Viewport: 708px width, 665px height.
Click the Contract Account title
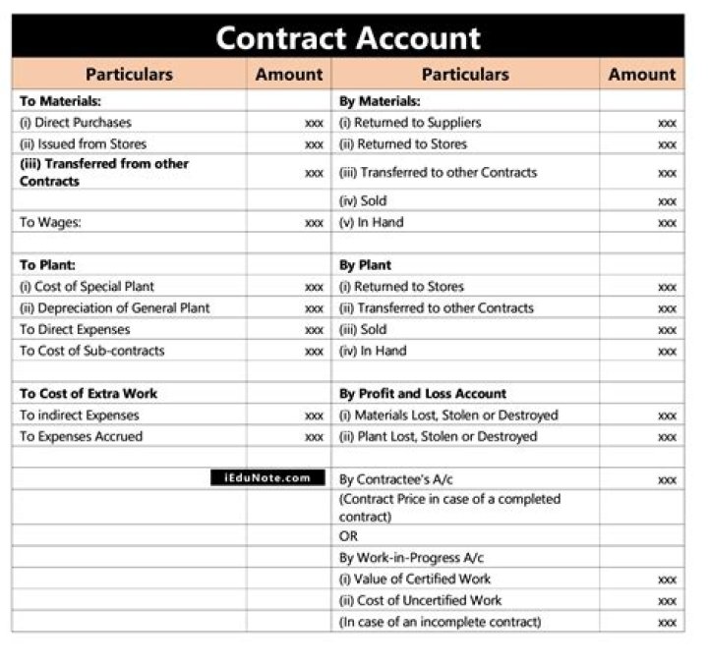(x=348, y=38)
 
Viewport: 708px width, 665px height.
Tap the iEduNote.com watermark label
(x=266, y=478)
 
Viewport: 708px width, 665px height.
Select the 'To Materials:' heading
(x=60, y=101)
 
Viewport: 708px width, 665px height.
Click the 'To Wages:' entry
(x=50, y=223)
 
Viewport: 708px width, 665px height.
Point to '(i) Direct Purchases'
(x=75, y=123)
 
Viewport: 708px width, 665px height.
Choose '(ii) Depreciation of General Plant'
(x=114, y=308)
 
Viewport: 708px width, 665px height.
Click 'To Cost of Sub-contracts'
(x=91, y=351)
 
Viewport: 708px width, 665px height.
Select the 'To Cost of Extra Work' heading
(x=88, y=394)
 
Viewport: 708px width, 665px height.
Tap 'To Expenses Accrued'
(x=81, y=437)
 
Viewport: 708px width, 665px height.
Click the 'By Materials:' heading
(x=380, y=101)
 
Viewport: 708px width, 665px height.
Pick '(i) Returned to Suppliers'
(x=410, y=123)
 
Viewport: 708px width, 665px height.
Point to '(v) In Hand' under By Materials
(x=371, y=223)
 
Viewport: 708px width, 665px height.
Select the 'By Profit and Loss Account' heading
(x=423, y=394)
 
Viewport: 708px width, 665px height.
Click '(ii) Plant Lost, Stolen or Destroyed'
(x=438, y=437)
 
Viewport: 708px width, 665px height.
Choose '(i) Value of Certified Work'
(x=414, y=580)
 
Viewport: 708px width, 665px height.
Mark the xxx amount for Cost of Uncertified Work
(x=667, y=601)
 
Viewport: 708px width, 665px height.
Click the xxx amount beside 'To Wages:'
(x=314, y=223)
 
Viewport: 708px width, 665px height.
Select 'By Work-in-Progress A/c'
(x=404, y=558)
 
